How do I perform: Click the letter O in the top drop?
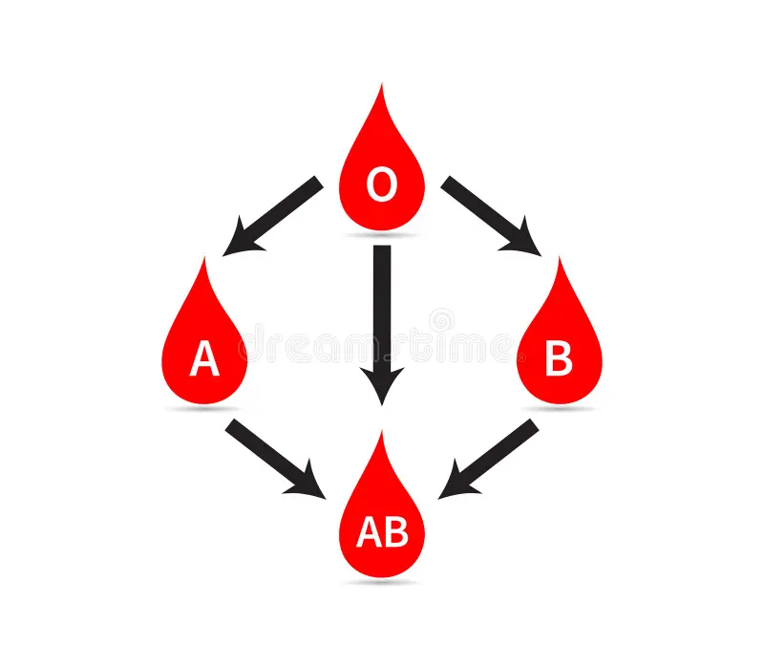[382, 185]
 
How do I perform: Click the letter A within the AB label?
[369, 533]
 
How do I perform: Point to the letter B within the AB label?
[395, 533]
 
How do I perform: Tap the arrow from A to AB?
[273, 457]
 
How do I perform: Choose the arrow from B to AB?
[491, 457]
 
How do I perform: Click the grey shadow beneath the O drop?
[382, 235]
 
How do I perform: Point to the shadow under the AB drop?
[382, 582]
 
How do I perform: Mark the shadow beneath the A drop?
[204, 409]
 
